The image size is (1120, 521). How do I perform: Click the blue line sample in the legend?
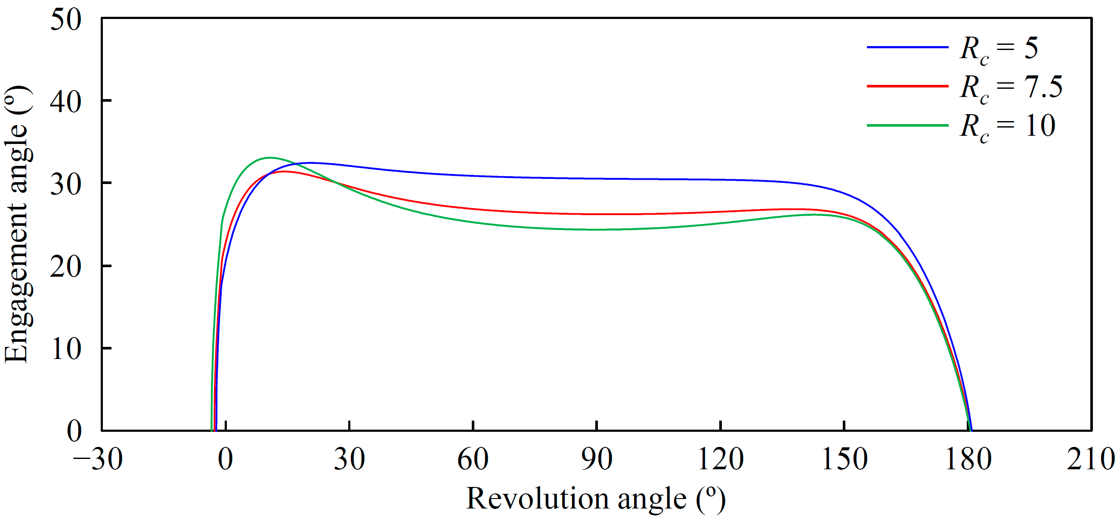click(907, 47)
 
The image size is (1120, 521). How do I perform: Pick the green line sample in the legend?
click(907, 125)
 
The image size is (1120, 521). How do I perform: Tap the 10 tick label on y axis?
click(66, 349)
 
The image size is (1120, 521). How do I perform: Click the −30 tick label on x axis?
click(98, 459)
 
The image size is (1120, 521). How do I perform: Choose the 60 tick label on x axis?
click(473, 459)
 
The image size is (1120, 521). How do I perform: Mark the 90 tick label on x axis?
click(597, 459)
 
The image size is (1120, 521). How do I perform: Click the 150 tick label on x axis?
click(845, 459)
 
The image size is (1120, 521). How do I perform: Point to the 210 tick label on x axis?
click(1090, 459)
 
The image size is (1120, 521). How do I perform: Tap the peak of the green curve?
click(270, 158)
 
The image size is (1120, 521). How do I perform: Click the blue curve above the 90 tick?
click(597, 178)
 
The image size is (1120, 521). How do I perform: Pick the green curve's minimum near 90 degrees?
click(597, 229)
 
